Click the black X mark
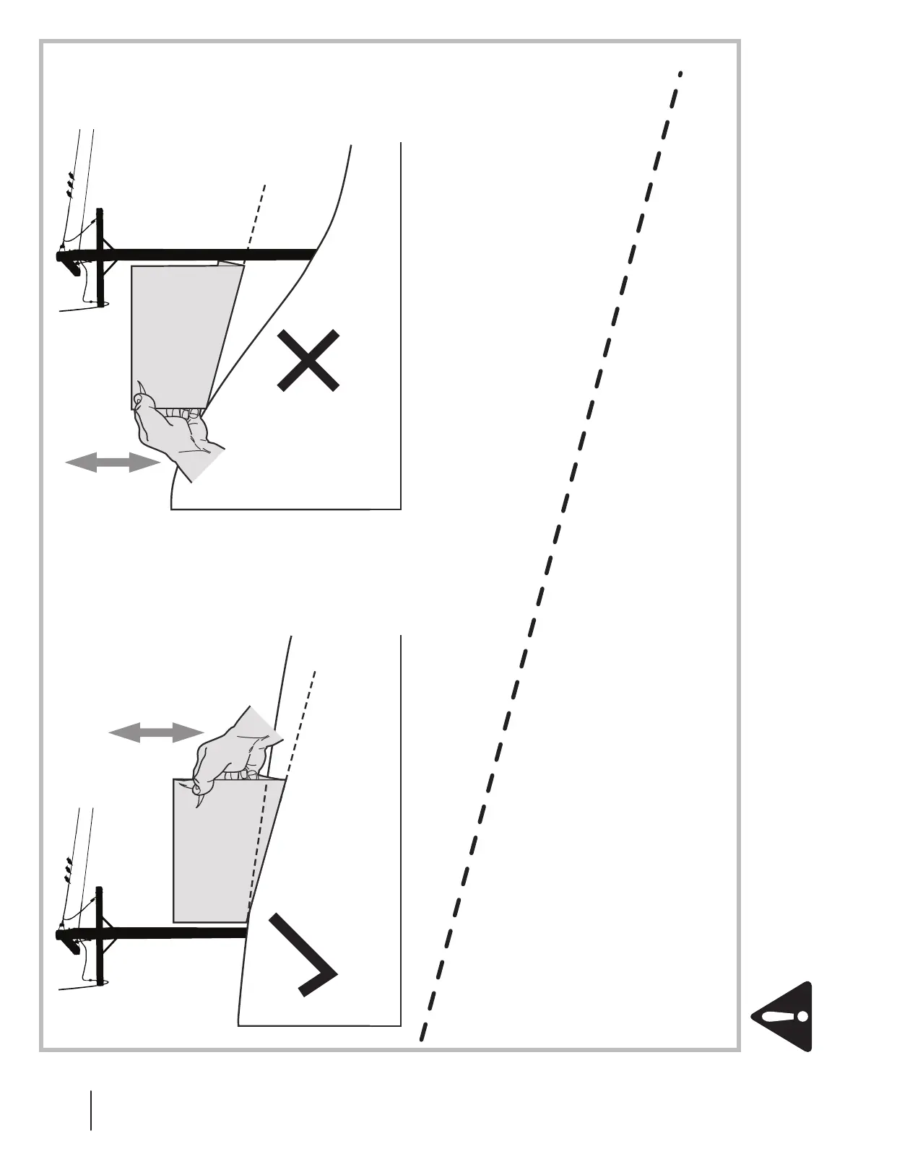click(308, 361)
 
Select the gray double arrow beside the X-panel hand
click(113, 463)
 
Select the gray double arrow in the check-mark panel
click(156, 733)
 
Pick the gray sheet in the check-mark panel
click(217, 851)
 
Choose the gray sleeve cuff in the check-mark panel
click(261, 724)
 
